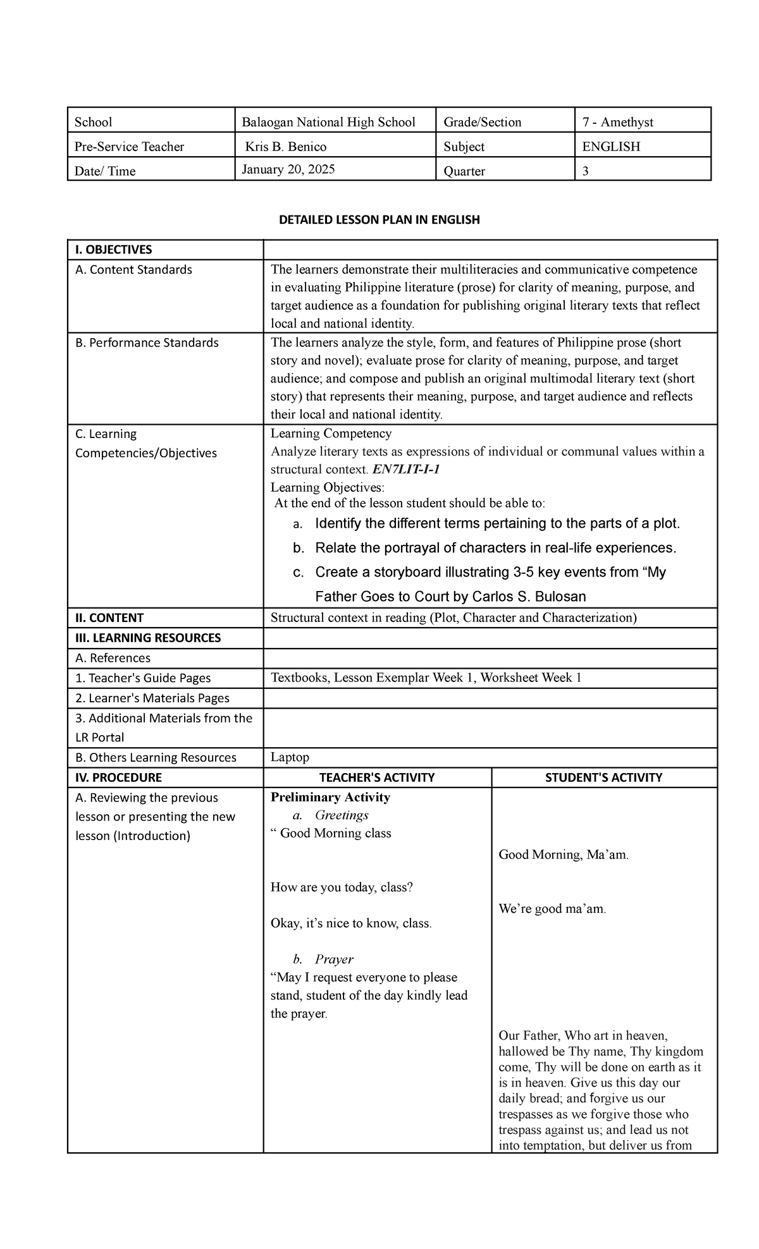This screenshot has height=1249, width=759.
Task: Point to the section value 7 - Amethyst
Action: point(617,122)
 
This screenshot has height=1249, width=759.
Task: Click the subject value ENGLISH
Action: point(611,147)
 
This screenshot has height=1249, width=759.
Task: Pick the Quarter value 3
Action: point(585,171)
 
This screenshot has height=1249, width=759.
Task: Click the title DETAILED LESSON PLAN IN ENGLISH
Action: point(379,220)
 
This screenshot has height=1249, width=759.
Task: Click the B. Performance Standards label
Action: point(147,343)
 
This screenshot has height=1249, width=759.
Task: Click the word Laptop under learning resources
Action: point(290,757)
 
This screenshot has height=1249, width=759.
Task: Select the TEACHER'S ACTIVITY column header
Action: point(377,777)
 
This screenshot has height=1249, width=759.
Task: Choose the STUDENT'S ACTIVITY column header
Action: point(603,777)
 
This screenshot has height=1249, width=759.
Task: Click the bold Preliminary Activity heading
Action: point(330,797)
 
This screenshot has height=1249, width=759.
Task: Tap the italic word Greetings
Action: point(342,815)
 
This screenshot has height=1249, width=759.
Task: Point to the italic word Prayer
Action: point(334,959)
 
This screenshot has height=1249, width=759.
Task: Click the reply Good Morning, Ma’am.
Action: point(564,855)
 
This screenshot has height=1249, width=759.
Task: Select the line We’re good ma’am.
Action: point(552,909)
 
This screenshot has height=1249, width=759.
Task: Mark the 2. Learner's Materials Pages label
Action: point(152,698)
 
